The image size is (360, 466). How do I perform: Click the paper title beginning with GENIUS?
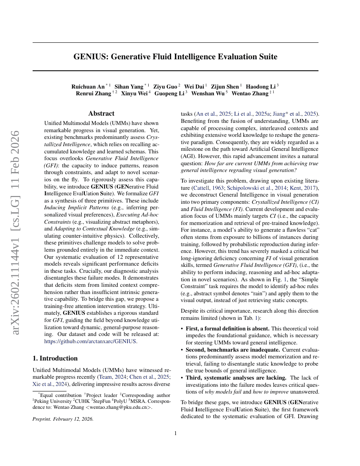point(175,56)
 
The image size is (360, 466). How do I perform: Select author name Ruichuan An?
point(88,86)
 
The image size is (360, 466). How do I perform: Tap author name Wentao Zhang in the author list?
point(250,93)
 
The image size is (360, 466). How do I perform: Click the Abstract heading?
point(101,114)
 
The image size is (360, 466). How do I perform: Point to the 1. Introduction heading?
point(55,358)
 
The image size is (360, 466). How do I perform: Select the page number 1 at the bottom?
point(175,433)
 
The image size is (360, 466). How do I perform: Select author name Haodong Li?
point(261,86)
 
